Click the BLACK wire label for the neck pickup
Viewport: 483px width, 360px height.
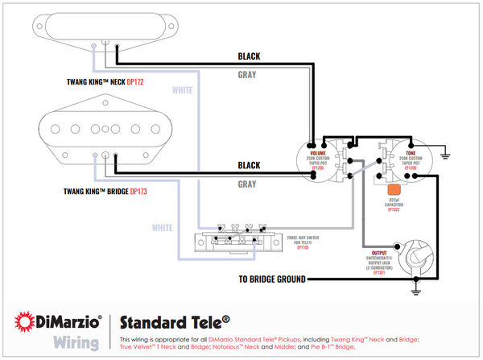(x=248, y=56)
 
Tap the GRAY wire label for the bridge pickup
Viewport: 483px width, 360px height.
(x=248, y=183)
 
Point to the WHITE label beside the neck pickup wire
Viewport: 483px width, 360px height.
(x=183, y=90)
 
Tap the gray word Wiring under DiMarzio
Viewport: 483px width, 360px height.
(x=76, y=341)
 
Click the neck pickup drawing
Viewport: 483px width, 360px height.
(x=101, y=27)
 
